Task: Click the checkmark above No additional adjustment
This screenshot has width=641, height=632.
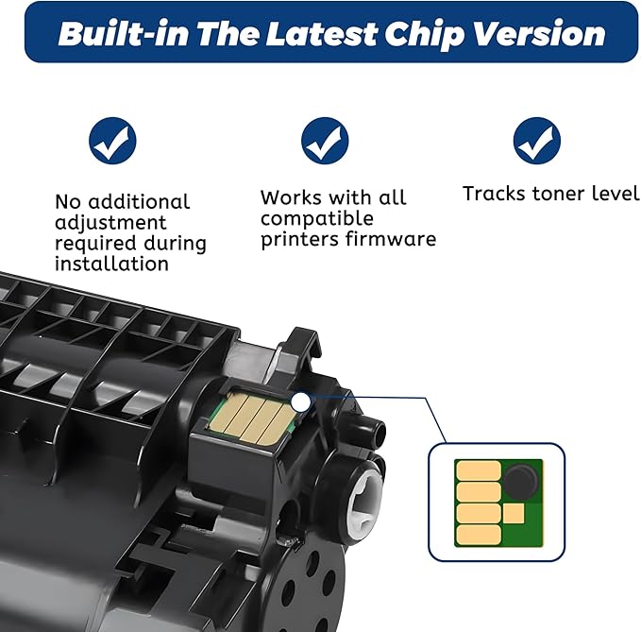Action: tap(112, 141)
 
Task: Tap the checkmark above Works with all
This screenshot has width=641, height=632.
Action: tap(325, 141)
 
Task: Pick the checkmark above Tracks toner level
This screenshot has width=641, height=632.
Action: tap(537, 141)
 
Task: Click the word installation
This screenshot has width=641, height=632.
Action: tap(111, 263)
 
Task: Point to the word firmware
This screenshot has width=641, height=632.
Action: tap(391, 238)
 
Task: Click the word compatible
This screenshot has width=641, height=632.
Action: tap(317, 219)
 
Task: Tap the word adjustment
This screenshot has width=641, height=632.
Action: tap(110, 223)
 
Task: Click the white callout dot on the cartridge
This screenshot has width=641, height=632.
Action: tap(301, 402)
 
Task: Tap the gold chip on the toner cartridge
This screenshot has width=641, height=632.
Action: tap(252, 416)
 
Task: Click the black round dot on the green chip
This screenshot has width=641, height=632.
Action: tap(520, 481)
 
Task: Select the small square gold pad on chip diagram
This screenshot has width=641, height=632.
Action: tap(514, 513)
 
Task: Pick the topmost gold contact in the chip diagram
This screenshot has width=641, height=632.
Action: tap(479, 470)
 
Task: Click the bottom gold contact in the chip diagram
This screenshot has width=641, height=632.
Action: tap(479, 535)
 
